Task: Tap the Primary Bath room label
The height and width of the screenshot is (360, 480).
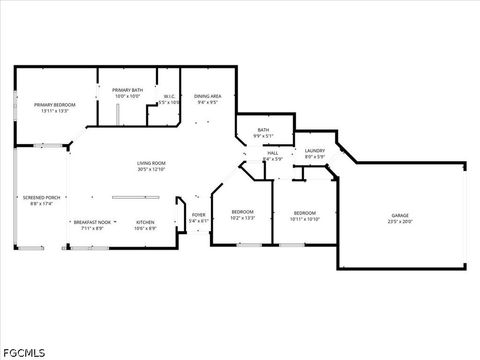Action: pos(127,90)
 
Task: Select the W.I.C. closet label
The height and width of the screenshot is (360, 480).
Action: pos(170,96)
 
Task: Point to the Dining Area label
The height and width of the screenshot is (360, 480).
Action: pos(208,96)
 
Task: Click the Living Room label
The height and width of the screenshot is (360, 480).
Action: pos(152,163)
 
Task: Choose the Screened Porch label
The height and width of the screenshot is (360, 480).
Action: pos(41,198)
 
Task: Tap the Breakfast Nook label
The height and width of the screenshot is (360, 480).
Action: pos(90,222)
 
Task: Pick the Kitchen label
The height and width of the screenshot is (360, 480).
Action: pos(145,222)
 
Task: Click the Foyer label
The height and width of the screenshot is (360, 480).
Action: pos(199,215)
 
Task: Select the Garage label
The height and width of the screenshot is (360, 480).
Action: pos(400,216)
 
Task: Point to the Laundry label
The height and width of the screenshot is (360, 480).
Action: pos(315,150)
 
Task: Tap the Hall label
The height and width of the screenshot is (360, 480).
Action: pos(272,153)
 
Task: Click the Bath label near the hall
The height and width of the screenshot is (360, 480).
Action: pos(263,129)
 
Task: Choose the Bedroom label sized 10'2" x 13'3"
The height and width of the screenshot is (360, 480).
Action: pos(243,212)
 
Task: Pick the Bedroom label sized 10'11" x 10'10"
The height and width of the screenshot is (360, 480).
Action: pos(305,213)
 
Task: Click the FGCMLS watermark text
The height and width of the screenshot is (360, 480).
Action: pos(25,351)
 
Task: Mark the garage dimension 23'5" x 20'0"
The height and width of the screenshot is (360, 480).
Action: pos(400,222)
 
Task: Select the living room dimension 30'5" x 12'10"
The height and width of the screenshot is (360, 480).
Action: pos(152,169)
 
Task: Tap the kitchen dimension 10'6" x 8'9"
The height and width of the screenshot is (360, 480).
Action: pos(145,228)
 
